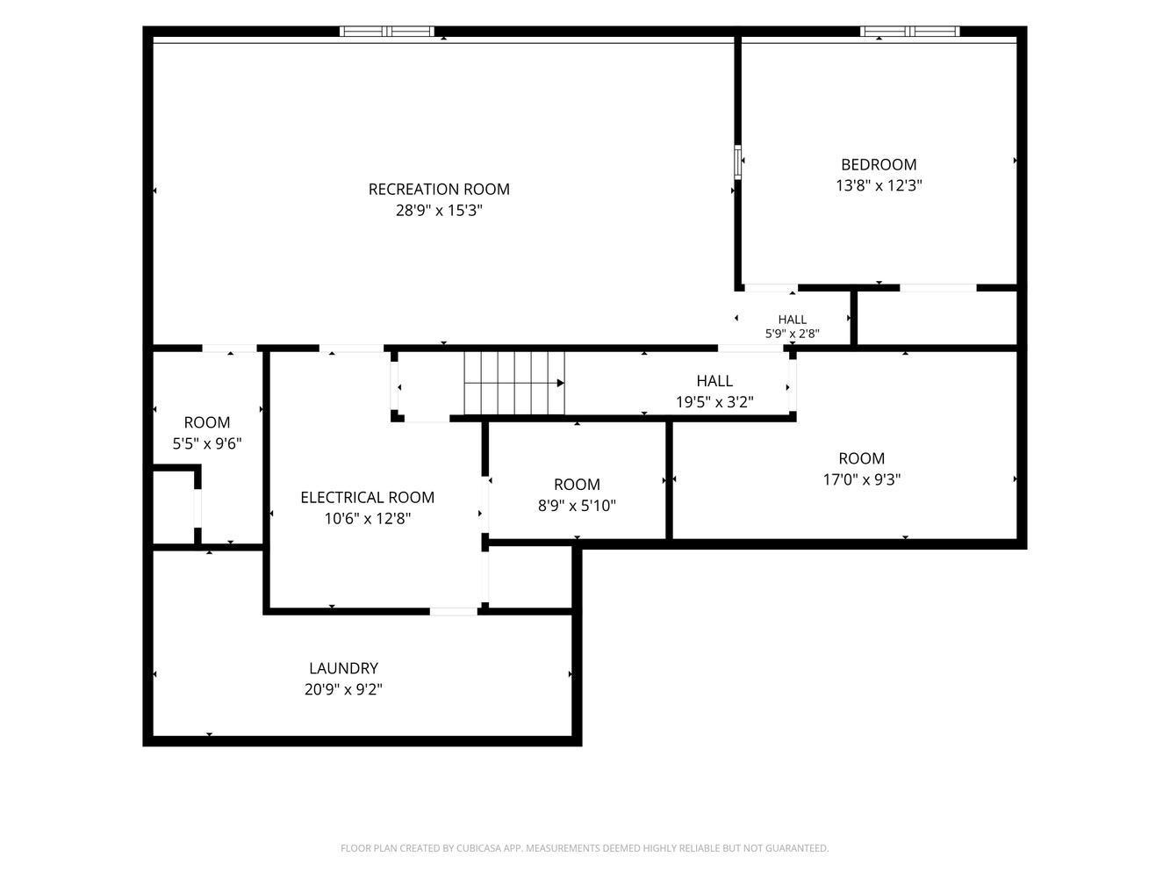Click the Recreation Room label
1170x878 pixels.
439,190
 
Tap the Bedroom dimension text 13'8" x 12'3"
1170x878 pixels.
879,185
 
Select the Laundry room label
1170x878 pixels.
343,668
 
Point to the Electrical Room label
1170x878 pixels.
367,497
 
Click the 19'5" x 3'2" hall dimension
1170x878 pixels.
714,401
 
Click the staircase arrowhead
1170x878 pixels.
560,383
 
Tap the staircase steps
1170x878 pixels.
513,383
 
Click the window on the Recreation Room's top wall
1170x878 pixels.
387,32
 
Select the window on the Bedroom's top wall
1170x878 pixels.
910,32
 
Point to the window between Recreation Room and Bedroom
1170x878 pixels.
737,162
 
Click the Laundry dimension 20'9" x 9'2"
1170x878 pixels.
343,689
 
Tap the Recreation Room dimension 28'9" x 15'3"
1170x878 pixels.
439,211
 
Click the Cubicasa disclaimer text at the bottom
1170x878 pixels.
585,848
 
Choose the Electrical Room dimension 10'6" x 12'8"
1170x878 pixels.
367,519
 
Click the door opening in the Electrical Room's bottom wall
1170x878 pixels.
454,611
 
